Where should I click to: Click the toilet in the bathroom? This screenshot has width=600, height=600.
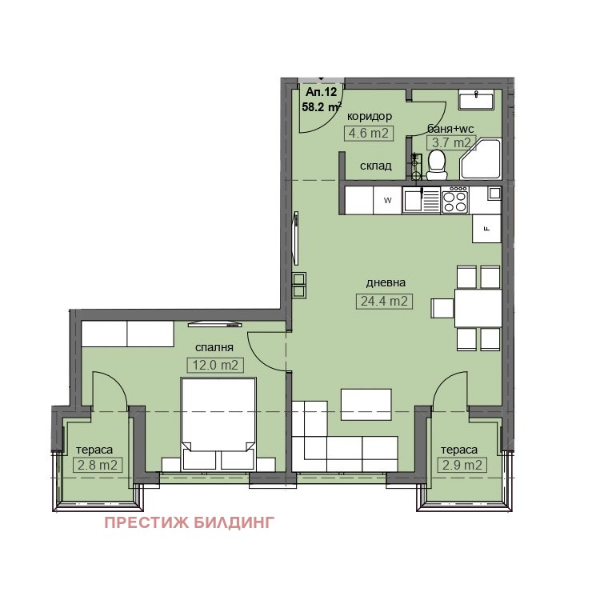click(x=437, y=165)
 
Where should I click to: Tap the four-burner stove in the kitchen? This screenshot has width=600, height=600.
click(x=455, y=199)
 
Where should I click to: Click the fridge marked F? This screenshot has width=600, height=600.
click(x=486, y=229)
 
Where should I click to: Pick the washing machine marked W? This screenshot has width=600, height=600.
click(x=387, y=200)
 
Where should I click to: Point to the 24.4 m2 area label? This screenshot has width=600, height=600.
click(x=384, y=301)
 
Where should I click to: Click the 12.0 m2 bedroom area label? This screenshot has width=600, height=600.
click(x=215, y=365)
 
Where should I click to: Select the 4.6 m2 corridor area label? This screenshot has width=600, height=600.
click(x=369, y=133)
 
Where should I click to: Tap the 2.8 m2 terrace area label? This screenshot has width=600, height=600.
click(x=98, y=466)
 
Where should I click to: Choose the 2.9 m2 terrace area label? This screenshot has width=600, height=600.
click(x=462, y=466)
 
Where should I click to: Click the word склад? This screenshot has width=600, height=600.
click(x=376, y=166)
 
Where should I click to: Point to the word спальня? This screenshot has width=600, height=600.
click(x=214, y=347)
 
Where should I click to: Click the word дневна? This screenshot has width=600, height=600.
click(x=386, y=282)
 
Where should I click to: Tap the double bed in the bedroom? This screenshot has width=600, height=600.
click(x=218, y=424)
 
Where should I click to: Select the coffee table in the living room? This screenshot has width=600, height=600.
click(x=366, y=405)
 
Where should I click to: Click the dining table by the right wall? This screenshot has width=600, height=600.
click(x=478, y=308)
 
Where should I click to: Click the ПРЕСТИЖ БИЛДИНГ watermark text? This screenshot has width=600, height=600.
click(x=190, y=522)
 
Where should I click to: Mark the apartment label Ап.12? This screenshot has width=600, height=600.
click(x=322, y=92)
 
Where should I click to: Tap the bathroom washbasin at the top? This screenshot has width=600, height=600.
click(x=477, y=99)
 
